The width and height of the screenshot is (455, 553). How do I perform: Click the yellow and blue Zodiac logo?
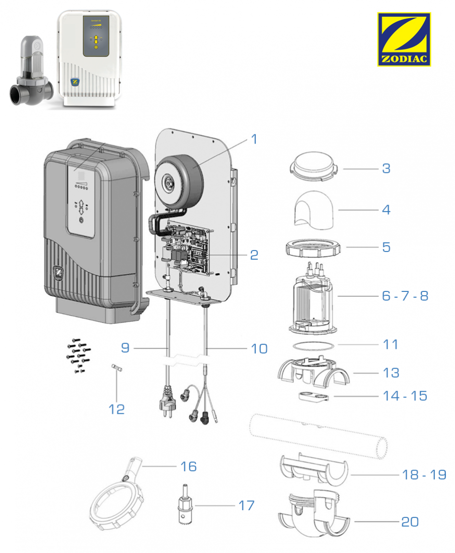(x=404, y=39)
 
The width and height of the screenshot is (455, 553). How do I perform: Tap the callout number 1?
(x=254, y=140)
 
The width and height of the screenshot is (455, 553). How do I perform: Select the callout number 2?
(x=254, y=255)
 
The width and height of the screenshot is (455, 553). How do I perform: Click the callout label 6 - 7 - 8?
(x=405, y=296)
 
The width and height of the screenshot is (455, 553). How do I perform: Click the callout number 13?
(x=391, y=373)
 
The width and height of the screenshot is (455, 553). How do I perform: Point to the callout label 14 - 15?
(x=404, y=396)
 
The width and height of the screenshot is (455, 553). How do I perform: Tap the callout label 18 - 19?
(x=424, y=474)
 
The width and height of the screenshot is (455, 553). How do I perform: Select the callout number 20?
(x=410, y=522)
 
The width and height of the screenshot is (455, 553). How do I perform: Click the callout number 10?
(x=259, y=348)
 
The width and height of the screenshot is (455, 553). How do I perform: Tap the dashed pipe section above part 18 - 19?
(x=317, y=434)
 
